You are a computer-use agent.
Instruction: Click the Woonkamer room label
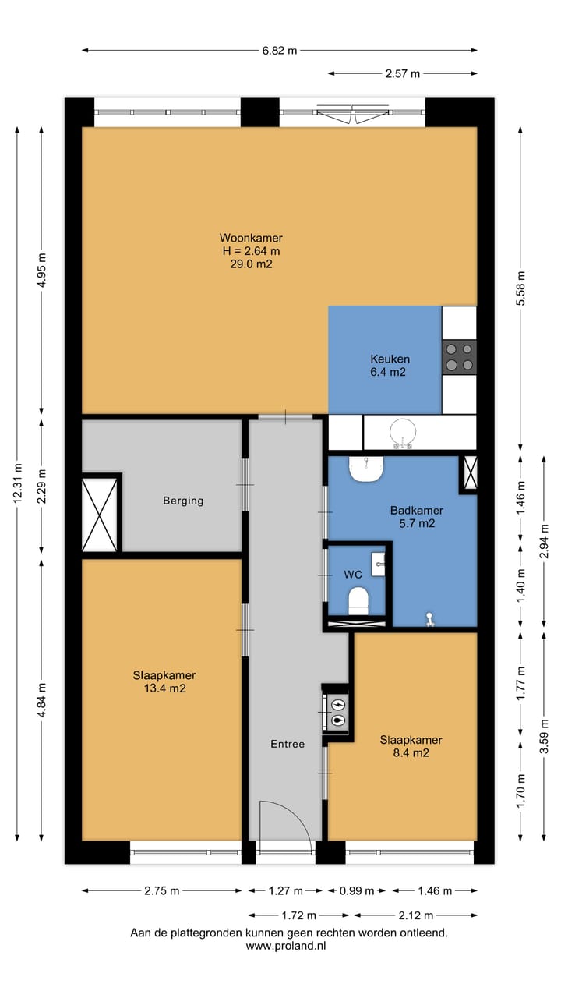tap(251, 238)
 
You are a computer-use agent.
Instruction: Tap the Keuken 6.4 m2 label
tap(390, 366)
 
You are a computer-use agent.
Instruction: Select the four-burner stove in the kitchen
tap(459, 357)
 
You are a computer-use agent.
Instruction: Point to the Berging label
tap(183, 501)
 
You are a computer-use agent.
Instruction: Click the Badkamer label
tap(417, 511)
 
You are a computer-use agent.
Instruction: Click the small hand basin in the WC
tap(379, 564)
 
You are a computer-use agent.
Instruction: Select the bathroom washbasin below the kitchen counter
tap(366, 469)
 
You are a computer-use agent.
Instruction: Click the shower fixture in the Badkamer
tap(429, 620)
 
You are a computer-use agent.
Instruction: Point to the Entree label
tap(288, 745)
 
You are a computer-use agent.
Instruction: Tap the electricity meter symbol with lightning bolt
tap(339, 704)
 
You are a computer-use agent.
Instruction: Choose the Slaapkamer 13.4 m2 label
tap(164, 681)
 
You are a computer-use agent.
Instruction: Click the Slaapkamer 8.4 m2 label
tap(411, 746)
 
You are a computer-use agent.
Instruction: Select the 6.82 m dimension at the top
tap(280, 51)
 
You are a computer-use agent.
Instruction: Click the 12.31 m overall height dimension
tap(17, 484)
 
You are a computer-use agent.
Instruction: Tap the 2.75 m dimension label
tap(161, 890)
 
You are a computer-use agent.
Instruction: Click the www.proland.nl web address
tap(286, 946)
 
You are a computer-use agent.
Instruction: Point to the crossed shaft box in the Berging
tap(101, 515)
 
